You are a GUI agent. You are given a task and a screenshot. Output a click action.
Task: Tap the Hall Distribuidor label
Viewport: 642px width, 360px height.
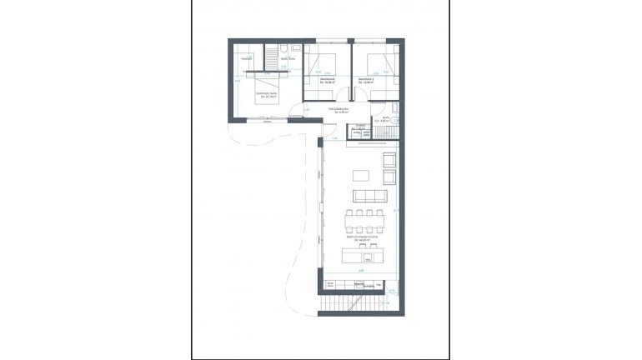point(338,110)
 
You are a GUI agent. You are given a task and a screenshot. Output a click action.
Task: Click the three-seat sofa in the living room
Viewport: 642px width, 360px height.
point(370,196)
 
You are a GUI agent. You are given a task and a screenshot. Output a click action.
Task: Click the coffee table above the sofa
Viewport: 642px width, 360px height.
point(359,175)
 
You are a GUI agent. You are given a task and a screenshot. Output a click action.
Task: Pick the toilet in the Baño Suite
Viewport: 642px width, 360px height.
point(284,47)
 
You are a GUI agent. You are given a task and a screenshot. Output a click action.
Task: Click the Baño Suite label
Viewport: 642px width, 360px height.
point(288,59)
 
